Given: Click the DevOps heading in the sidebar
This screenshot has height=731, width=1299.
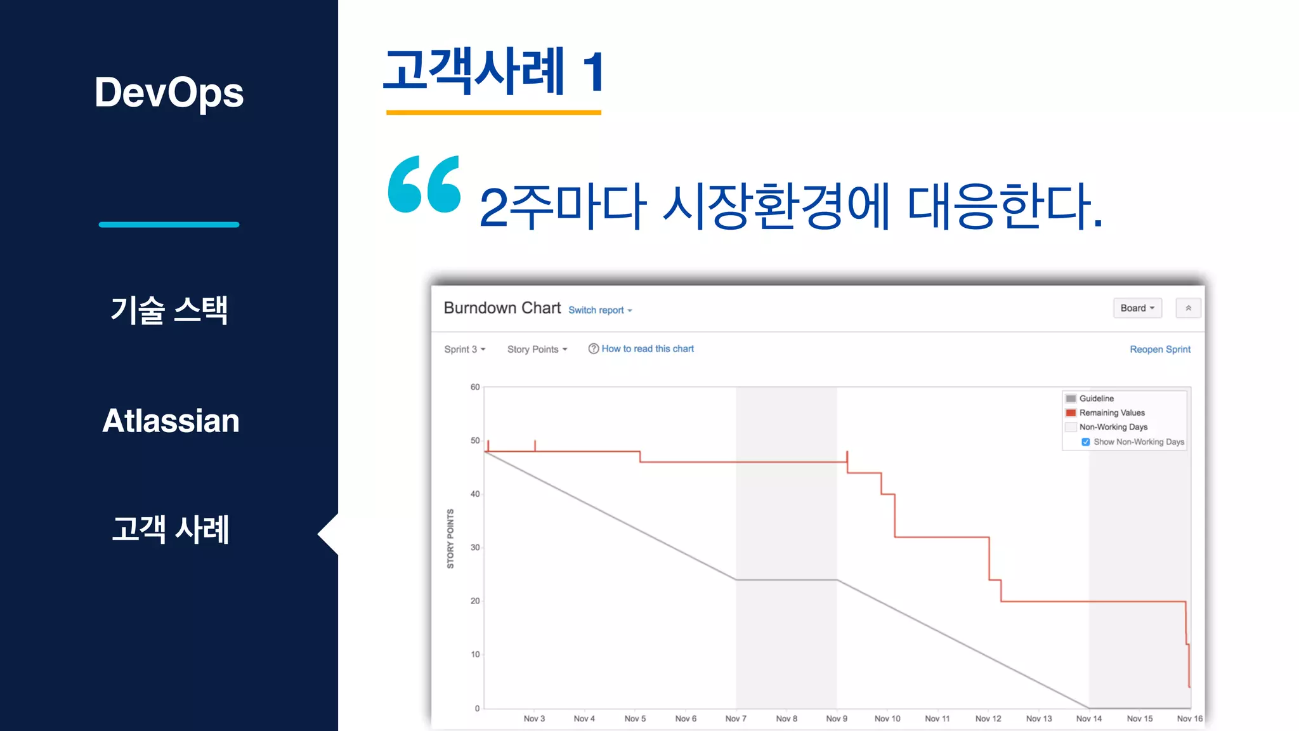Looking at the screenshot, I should coord(169,93).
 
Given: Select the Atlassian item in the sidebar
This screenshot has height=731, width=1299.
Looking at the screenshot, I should coord(171,421).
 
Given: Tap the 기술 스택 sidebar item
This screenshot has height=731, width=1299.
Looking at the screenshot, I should coord(169,310).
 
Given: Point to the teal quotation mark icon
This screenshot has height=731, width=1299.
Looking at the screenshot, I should coord(424,184).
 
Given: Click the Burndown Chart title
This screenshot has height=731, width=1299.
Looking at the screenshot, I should coord(502,308).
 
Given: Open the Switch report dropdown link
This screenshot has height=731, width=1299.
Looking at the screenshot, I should coord(600,310).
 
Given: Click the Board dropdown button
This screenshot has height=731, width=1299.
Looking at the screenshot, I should coord(1137,308).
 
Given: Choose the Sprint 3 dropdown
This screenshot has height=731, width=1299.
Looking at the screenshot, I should coord(464,350).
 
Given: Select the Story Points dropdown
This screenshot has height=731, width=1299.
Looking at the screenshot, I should coord(537,350).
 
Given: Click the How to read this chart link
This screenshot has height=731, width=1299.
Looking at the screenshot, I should coord(647,349).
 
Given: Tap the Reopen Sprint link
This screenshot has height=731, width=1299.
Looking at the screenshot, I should coord(1159,350).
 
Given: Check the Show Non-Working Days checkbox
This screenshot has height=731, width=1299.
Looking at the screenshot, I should coord(1086,442).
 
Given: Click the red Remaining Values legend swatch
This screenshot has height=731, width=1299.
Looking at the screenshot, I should coord(1071,413).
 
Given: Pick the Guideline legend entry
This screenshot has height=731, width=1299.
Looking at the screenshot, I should coord(1096,398).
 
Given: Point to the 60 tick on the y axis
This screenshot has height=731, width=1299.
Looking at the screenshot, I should coord(475,387).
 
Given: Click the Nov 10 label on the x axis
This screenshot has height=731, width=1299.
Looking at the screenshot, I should coord(887,719).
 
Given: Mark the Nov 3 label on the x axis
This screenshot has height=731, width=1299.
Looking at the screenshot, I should coord(534,719).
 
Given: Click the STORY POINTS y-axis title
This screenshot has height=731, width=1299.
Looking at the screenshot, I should coord(450,539).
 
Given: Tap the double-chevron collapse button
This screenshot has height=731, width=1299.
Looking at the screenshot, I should coord(1188,308).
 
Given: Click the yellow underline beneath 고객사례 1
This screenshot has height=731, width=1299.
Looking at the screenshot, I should coord(493,113).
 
